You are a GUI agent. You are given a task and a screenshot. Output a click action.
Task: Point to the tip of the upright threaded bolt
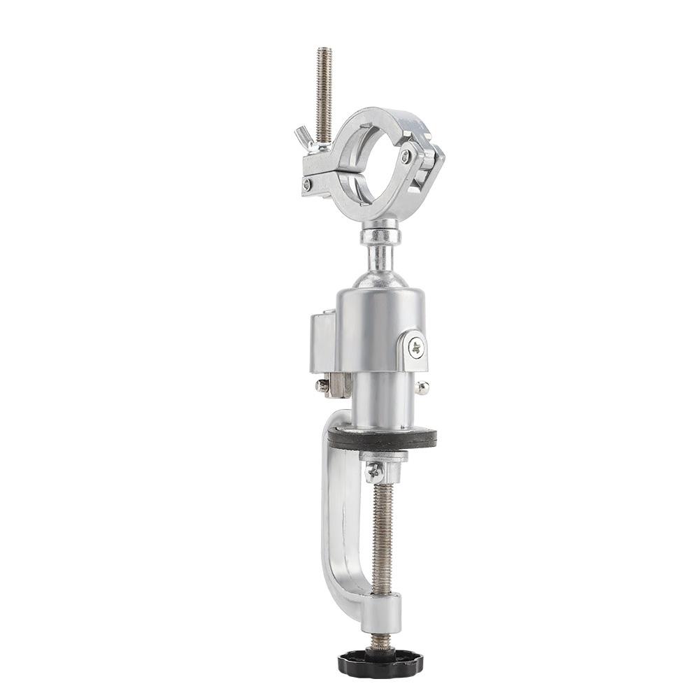[x=323, y=50]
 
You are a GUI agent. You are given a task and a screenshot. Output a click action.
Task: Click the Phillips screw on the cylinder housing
[x=417, y=346]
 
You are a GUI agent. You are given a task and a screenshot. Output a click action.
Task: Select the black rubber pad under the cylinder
[x=382, y=439]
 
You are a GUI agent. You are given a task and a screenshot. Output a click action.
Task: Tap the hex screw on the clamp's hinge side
[x=406, y=157]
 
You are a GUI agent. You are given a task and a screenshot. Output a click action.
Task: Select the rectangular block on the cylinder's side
[x=322, y=343]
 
